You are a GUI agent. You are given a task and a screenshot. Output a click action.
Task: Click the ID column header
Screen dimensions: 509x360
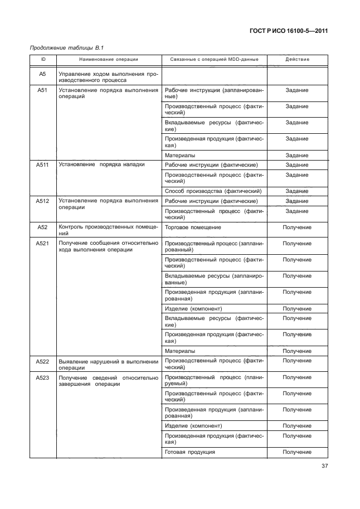pos(42,59)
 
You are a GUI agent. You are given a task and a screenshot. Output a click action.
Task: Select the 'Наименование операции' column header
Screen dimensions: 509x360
pos(108,59)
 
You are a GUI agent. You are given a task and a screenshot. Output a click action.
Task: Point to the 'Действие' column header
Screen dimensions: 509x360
pos(296,59)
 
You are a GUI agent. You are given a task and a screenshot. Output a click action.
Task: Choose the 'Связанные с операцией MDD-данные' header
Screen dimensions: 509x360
pos(213,59)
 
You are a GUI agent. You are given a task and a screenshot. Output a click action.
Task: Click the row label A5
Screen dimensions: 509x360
pos(42,73)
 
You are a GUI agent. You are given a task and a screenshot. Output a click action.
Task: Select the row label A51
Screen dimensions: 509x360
pos(42,89)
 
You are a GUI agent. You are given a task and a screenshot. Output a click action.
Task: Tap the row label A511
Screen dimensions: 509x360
pos(42,165)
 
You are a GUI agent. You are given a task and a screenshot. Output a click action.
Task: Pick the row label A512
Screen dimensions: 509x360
pos(42,201)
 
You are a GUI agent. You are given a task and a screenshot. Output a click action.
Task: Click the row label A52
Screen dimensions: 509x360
pos(42,227)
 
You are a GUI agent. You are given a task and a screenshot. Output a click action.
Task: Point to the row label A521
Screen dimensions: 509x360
pos(42,244)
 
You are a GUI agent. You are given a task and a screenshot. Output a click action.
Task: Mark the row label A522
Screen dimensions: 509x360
pos(42,361)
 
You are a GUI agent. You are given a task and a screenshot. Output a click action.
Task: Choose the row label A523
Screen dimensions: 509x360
pos(42,377)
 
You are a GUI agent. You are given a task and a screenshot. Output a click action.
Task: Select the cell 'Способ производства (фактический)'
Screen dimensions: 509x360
pos(213,191)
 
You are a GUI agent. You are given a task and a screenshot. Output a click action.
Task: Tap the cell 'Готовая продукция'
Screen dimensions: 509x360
pos(190,452)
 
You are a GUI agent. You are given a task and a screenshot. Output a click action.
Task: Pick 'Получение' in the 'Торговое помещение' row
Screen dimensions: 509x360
pos(296,227)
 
